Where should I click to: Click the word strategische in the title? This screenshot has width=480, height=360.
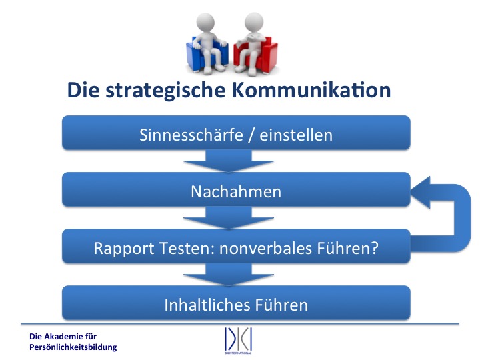(166, 91)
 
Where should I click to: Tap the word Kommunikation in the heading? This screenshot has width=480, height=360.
(311, 90)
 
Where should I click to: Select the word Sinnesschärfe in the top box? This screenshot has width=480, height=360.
(191, 135)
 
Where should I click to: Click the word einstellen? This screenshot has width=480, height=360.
(296, 135)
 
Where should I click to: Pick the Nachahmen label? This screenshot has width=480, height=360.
(236, 191)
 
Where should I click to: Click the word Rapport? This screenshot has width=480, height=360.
(124, 249)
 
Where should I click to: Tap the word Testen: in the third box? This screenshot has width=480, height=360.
(187, 248)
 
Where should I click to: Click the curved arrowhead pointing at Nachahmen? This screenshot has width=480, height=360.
(421, 192)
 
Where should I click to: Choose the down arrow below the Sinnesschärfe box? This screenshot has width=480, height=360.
(229, 161)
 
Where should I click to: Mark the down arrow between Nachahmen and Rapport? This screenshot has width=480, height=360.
(229, 217)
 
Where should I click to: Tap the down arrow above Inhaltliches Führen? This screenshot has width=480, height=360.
(229, 275)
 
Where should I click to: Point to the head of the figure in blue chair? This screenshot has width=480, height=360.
(205, 22)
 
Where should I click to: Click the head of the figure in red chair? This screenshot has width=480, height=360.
(254, 22)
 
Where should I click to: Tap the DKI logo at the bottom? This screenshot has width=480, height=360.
(238, 341)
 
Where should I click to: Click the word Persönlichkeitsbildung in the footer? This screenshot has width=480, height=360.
(73, 347)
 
